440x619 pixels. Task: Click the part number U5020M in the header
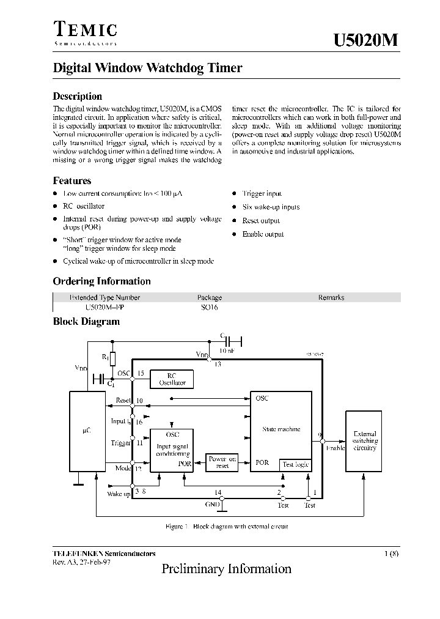click(x=367, y=40)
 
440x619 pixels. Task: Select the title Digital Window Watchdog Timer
click(x=147, y=68)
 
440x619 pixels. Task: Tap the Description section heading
click(x=78, y=96)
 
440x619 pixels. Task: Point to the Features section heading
click(x=72, y=180)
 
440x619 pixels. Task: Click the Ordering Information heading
click(x=101, y=281)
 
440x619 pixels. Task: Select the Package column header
click(x=210, y=297)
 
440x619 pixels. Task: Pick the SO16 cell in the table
click(x=209, y=308)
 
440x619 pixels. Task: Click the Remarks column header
click(x=331, y=297)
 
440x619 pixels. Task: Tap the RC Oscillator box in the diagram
click(x=172, y=379)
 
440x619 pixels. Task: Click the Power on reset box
click(x=222, y=462)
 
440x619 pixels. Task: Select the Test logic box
click(x=296, y=464)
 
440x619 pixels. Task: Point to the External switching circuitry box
click(x=365, y=441)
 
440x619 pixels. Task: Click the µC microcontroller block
click(x=87, y=431)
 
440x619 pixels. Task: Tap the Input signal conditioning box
click(x=173, y=450)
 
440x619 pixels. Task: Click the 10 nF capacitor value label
click(x=226, y=351)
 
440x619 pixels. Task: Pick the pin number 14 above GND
click(x=217, y=492)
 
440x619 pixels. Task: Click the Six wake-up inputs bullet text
click(x=271, y=207)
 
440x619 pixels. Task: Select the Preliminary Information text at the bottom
click(x=226, y=569)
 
